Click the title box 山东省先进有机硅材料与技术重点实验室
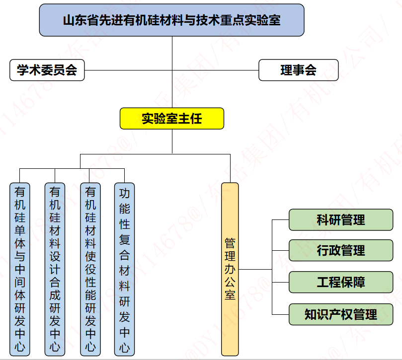click(x=171, y=20)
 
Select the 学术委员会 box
click(x=47, y=70)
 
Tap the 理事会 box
click(x=298, y=70)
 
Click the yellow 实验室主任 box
click(x=172, y=119)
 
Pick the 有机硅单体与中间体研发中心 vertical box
click(x=20, y=269)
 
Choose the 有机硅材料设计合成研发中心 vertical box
click(x=55, y=269)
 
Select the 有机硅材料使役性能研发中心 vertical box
click(x=90, y=269)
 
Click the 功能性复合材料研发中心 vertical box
click(x=124, y=269)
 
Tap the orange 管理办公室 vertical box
click(x=230, y=269)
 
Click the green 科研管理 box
click(x=341, y=219)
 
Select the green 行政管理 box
click(x=341, y=250)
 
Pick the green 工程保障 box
click(x=341, y=282)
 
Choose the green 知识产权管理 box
click(x=341, y=314)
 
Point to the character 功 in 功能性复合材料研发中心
click(x=124, y=194)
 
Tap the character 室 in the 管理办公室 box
click(x=230, y=294)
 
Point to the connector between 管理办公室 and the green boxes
click(x=256, y=269)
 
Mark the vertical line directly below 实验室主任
click(x=172, y=142)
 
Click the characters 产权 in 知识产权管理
click(x=341, y=314)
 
